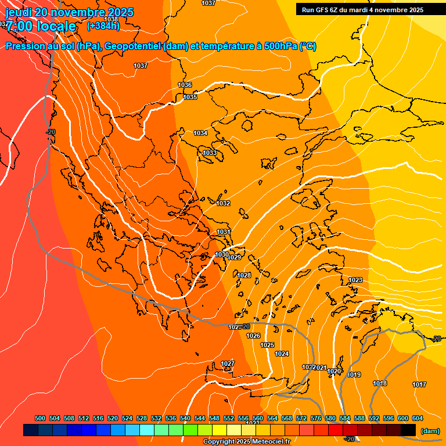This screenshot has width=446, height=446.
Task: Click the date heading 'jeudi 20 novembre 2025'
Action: pos(70,12)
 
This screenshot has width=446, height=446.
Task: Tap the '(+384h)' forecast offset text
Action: pos(103,26)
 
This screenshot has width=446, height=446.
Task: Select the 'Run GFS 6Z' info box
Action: pos(362,9)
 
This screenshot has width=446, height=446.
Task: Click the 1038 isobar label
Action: pos(111,19)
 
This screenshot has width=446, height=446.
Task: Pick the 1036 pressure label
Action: pos(185,85)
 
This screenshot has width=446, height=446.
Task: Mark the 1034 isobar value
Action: pos(200,133)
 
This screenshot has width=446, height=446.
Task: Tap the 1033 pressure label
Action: pos(210,153)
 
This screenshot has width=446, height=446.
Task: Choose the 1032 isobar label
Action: pos(223,203)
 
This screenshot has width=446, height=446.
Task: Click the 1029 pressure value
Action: pos(235,257)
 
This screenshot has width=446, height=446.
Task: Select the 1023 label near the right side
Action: pos(355,280)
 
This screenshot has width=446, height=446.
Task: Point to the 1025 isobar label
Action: pos(267,345)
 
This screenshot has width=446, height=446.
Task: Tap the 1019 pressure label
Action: pos(354,375)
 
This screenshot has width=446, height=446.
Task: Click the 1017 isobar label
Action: pos(419,384)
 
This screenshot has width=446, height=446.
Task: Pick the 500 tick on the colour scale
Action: pos(40,418)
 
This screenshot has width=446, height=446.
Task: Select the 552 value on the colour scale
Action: pos(229,418)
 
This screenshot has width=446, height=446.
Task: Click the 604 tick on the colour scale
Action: pos(418,418)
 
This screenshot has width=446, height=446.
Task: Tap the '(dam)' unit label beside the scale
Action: pos(430,431)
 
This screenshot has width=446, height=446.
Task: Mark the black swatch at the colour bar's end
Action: pos(408,430)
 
